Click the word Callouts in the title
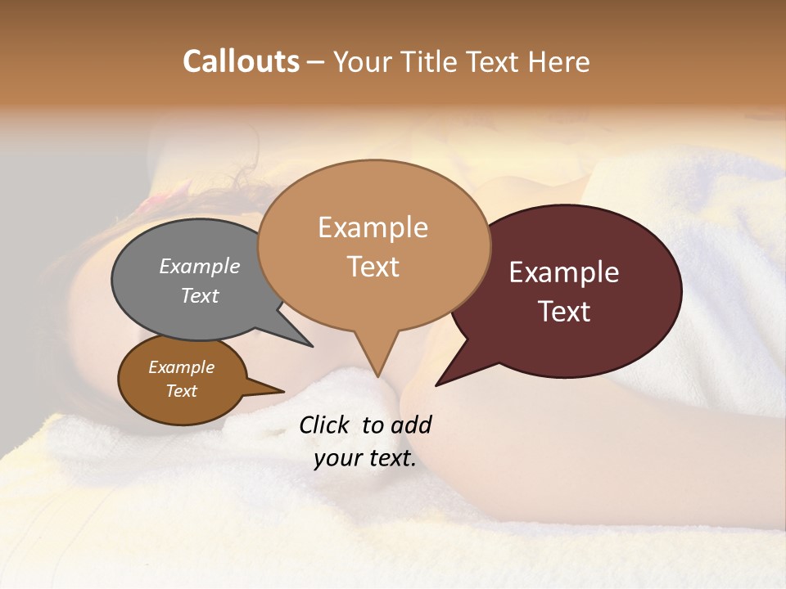[x=241, y=61]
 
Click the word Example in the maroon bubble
[x=564, y=272]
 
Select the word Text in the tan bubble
[x=373, y=267]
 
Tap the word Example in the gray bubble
[x=200, y=266]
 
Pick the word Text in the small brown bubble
[x=182, y=391]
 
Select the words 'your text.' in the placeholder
[x=365, y=458]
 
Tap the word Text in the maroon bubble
[x=565, y=312]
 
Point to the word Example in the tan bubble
[x=373, y=227]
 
